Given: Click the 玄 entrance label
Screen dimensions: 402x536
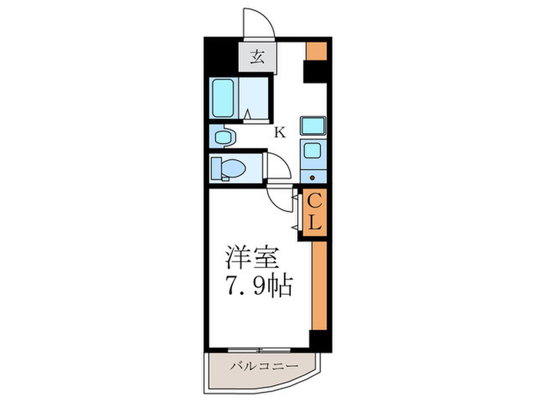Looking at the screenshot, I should coord(257,57).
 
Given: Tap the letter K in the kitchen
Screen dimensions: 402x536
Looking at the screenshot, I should coord(280,132).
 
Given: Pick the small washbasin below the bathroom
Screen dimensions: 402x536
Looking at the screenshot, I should coord(224,137).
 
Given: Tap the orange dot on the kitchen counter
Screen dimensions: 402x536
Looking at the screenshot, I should coord(313,176).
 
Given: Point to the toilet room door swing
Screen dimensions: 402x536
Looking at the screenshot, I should coord(276,167).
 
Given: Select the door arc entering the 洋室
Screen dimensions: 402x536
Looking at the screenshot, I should coord(281,198).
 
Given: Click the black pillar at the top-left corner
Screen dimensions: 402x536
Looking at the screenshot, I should coord(219,54).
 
